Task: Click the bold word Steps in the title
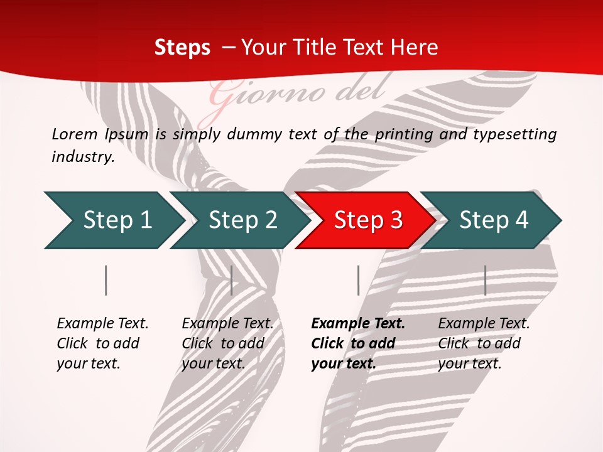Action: coord(182,48)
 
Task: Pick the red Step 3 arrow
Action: coord(367,220)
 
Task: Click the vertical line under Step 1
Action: coord(106,280)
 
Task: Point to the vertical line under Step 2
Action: coord(232,280)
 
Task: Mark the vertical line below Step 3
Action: coord(358,280)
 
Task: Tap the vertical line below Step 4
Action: coord(485,280)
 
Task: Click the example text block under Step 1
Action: coord(102,343)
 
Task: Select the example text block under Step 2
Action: coord(227,343)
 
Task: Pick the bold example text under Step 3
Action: coord(357,343)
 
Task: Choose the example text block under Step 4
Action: coord(484,343)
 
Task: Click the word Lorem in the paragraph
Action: coord(74,134)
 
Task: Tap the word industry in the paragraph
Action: coord(82,157)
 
